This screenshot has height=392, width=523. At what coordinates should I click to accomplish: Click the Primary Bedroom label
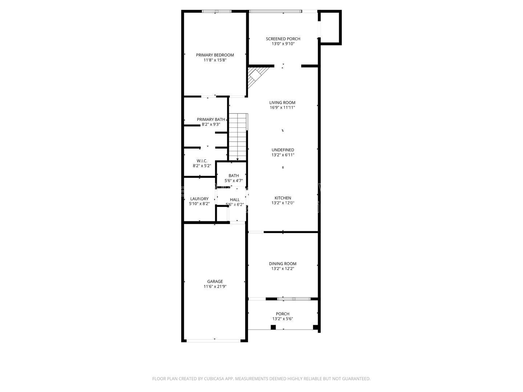tap(215, 55)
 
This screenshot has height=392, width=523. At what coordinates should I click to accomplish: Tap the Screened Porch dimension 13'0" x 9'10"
tap(283, 44)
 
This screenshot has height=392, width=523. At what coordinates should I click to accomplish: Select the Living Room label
tap(282, 103)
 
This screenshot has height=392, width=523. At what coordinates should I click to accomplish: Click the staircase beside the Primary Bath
tap(238, 137)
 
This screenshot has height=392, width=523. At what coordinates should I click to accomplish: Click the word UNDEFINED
tap(283, 150)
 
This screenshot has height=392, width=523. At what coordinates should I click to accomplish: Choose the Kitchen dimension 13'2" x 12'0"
tap(283, 203)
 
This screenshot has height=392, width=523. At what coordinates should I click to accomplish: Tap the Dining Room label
tap(283, 264)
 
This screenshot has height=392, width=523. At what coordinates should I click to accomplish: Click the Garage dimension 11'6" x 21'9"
tap(215, 287)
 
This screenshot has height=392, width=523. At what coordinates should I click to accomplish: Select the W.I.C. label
tap(202, 161)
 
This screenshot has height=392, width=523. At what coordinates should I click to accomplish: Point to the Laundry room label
tap(199, 199)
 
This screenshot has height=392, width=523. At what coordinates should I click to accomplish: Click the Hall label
tap(235, 200)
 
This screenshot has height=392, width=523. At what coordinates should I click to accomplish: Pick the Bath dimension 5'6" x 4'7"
tap(234, 181)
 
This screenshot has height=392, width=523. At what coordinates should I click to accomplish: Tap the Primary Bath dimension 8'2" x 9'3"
tap(211, 124)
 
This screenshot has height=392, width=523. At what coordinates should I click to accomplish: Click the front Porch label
tap(283, 314)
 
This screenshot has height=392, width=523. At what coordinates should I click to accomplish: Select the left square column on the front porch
tap(273, 327)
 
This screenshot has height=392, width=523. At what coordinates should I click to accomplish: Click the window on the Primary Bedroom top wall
tap(216, 11)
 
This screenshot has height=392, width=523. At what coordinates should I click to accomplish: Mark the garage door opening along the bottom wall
tap(214, 341)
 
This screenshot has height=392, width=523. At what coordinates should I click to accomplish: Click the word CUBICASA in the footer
tap(214, 379)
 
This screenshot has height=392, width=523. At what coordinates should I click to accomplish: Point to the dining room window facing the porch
tap(294, 299)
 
